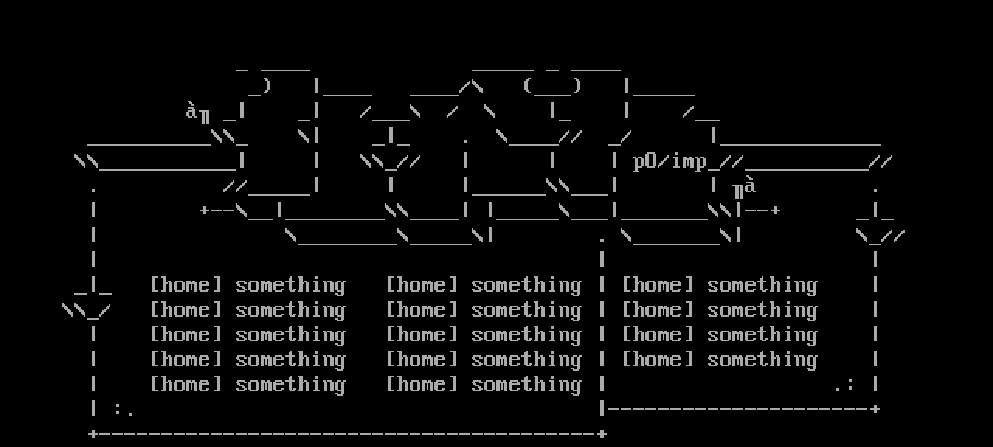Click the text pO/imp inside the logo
(x=670, y=161)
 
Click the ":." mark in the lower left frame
(x=124, y=410)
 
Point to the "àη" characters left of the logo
(x=198, y=113)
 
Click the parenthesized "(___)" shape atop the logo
(x=552, y=87)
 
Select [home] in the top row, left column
(x=186, y=286)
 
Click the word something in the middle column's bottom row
(x=526, y=385)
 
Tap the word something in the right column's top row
(x=762, y=286)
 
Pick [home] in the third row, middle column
(x=422, y=335)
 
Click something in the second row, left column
(x=290, y=310)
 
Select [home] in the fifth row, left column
(x=186, y=385)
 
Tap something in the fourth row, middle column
(x=526, y=360)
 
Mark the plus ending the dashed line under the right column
(x=875, y=409)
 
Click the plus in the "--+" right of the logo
(x=775, y=210)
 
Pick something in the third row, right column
(x=762, y=335)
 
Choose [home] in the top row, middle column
(x=422, y=286)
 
